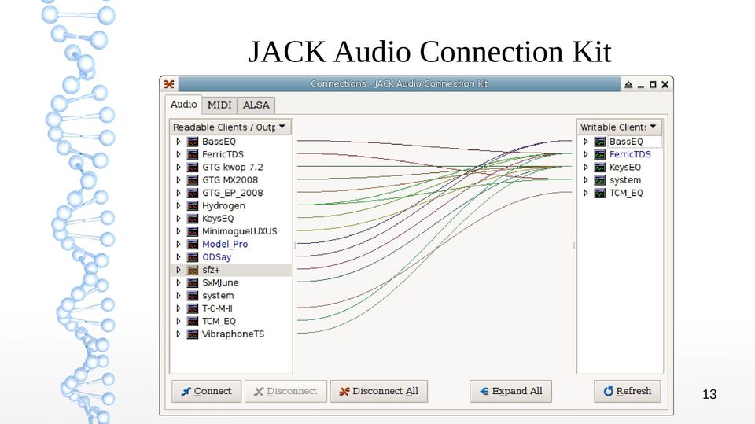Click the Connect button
tap(207, 391)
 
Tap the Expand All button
tap(511, 391)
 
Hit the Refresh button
tap(628, 391)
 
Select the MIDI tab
tap(219, 105)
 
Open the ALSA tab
tap(256, 105)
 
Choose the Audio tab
tap(183, 104)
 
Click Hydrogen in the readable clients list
tap(223, 206)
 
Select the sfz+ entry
tap(211, 270)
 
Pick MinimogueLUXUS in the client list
tap(239, 231)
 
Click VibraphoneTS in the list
tap(233, 334)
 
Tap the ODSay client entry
tap(217, 257)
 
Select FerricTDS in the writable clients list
tap(630, 154)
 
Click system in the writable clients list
tap(625, 180)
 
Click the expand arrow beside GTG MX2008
tap(179, 180)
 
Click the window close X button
tap(665, 84)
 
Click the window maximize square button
tap(653, 84)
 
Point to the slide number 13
tap(709, 395)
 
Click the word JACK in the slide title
tap(287, 52)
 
